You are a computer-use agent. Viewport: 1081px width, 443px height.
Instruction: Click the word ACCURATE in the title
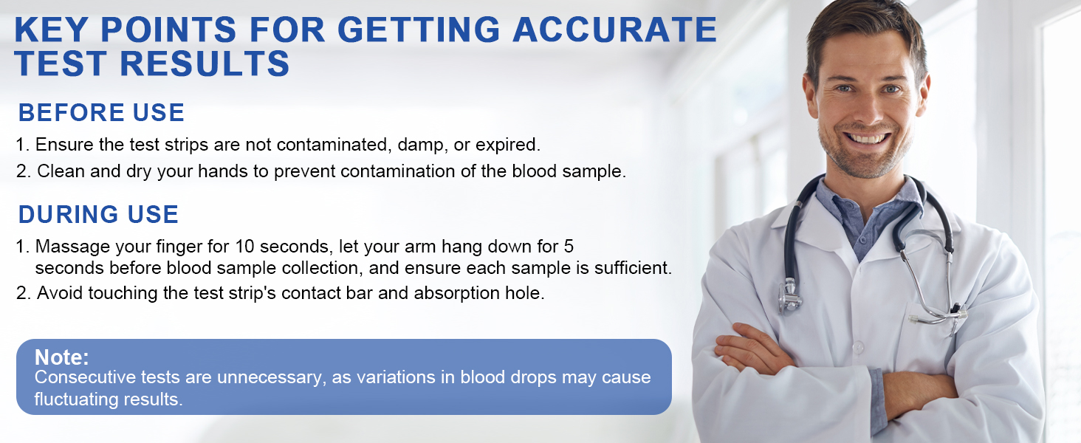tap(615, 30)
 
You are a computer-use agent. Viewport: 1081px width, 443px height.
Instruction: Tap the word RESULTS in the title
tap(205, 63)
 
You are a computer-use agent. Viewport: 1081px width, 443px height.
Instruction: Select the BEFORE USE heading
tap(101, 112)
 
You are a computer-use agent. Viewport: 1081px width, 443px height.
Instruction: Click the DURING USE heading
tap(98, 214)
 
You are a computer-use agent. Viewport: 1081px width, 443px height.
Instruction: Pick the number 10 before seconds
tap(244, 247)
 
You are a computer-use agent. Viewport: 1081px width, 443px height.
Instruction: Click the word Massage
tap(72, 247)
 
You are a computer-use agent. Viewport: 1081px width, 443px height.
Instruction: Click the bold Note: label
tap(62, 357)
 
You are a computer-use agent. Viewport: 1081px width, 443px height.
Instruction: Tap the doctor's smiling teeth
tap(867, 139)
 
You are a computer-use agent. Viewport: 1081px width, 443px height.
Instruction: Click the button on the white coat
tap(857, 347)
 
